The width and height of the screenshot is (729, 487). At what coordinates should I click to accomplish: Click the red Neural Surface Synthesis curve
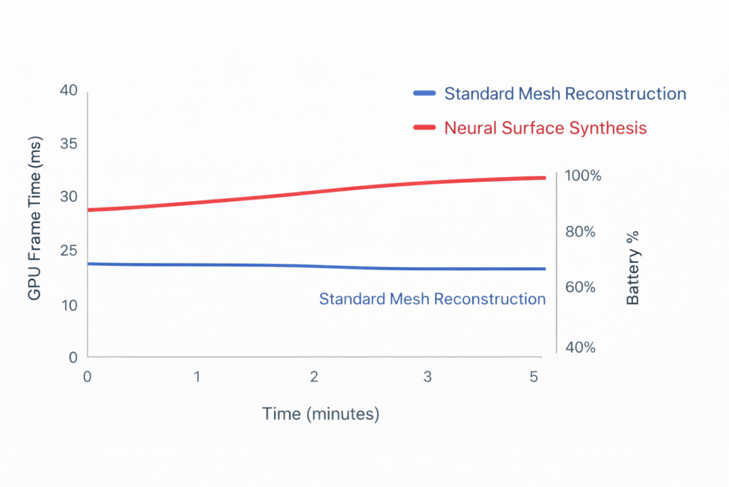313,193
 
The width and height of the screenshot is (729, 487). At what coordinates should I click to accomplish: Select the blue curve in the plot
313,266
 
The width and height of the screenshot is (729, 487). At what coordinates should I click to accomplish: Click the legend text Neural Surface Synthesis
545,128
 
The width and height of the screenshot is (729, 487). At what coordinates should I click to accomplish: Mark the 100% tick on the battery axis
583,175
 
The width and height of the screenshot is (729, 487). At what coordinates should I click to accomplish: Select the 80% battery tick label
579,232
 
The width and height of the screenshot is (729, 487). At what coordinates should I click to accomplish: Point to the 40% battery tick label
579,347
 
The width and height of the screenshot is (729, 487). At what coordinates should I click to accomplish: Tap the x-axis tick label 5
534,377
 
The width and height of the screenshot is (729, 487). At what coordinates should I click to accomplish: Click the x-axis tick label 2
313,377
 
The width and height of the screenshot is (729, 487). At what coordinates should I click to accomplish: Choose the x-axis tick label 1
197,377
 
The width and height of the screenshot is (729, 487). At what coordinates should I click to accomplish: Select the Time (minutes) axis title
320,414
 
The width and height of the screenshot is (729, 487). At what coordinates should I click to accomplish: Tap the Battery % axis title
633,267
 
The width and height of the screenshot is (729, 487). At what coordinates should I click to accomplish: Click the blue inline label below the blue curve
432,299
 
